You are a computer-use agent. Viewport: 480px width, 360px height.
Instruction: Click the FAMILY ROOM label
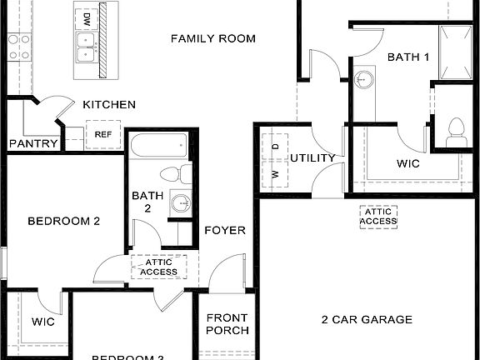(212, 38)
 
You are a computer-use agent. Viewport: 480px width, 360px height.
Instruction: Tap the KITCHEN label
(109, 105)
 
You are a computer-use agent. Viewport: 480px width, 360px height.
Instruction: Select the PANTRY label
(33, 143)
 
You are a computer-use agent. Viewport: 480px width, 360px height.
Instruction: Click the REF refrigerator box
(103, 134)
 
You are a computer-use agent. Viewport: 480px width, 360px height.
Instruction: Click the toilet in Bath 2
(171, 176)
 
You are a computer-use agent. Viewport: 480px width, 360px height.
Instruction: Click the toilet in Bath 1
(455, 131)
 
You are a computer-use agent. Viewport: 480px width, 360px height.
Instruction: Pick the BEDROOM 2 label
(63, 222)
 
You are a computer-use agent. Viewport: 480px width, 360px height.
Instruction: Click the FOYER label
(225, 230)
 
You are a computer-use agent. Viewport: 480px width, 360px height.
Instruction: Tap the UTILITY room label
(312, 158)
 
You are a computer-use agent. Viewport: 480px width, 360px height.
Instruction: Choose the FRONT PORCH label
(227, 323)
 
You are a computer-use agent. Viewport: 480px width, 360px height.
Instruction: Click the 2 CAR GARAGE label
(367, 319)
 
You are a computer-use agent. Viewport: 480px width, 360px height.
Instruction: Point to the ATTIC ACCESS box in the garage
(377, 216)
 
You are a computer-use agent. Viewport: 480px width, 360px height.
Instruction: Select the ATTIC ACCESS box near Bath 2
(158, 267)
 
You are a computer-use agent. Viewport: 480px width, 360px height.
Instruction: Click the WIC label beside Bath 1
(409, 163)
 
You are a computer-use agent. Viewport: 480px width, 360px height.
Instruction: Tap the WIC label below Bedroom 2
(43, 322)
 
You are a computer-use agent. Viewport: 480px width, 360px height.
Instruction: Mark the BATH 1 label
(408, 57)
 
